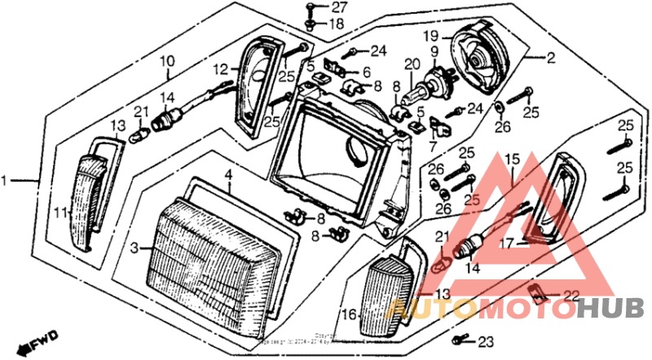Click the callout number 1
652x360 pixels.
[x=7, y=179]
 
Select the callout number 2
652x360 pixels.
[x=551, y=58]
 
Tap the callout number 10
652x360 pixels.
[x=166, y=61]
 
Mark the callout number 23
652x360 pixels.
[x=487, y=341]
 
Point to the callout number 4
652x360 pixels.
[x=230, y=174]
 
